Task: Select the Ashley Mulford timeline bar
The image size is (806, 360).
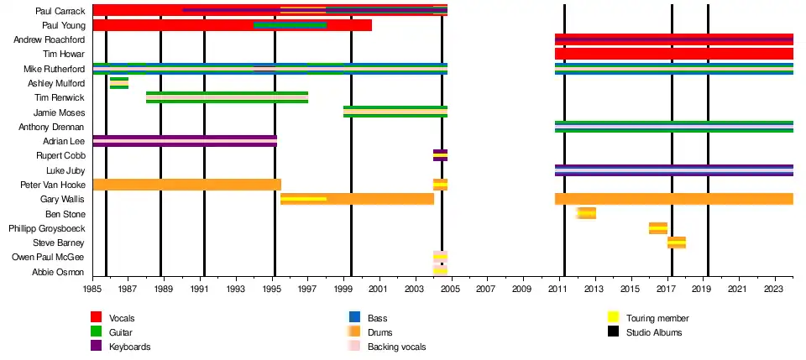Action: (119, 83)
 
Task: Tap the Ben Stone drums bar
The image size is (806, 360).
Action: (586, 213)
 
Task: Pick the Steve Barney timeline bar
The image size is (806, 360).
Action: (677, 243)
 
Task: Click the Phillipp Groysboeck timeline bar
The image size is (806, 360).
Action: (658, 228)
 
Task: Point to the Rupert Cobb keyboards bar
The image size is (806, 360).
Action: (440, 155)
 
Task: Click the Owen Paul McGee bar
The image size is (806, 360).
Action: (440, 257)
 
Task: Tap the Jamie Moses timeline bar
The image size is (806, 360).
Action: (395, 112)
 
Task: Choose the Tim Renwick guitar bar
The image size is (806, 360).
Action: (227, 97)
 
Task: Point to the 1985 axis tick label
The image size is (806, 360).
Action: (92, 290)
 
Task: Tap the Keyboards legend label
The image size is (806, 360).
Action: (130, 347)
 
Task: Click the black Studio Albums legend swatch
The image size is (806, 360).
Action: (614, 332)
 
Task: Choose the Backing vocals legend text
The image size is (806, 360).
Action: (396, 347)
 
